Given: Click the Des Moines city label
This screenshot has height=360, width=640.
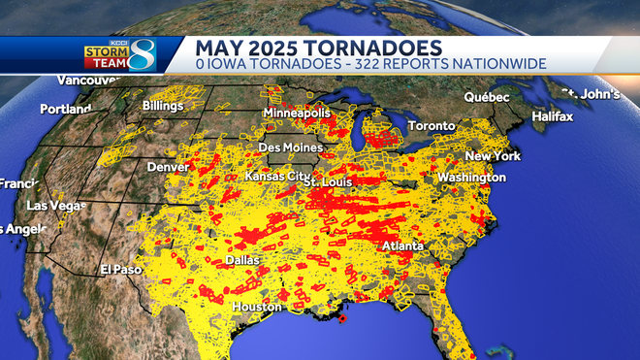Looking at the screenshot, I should point(291,147).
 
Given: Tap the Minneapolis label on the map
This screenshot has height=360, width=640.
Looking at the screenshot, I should point(301,113).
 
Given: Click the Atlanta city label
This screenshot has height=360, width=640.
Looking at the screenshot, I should point(402,246).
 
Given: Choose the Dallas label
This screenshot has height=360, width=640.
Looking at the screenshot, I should point(242,260).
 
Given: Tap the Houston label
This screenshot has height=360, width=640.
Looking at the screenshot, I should point(256,307).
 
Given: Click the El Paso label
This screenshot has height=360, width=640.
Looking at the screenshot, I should point(121,269).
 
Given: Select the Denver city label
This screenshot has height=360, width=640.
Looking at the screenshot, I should point(169,167).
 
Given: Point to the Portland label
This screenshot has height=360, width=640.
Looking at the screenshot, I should point(65,109).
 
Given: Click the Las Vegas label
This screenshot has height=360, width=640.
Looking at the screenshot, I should point(51,206).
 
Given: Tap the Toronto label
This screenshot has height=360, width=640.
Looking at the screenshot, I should point(431,127).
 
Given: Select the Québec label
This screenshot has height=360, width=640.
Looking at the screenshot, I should point(487,97).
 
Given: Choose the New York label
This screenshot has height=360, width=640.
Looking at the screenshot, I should point(493,156).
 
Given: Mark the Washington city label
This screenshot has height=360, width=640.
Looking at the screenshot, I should point(471,178).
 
